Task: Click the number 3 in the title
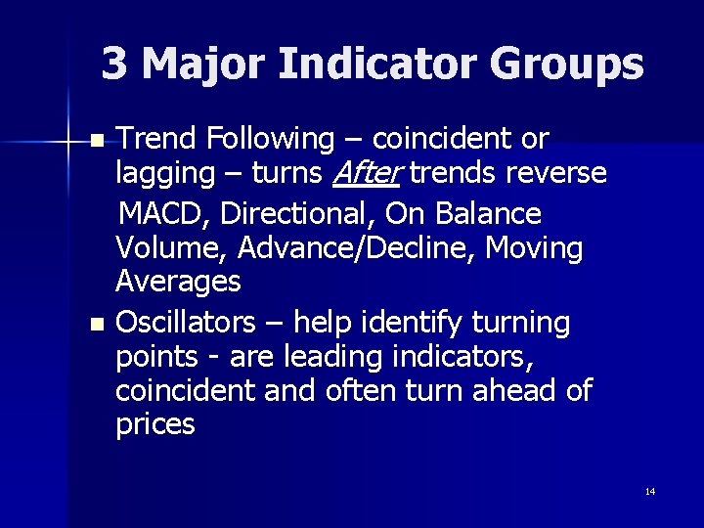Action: (x=114, y=65)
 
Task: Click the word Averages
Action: (x=178, y=283)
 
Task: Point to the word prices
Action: (x=154, y=425)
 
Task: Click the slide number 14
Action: (x=650, y=491)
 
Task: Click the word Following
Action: (x=268, y=140)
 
